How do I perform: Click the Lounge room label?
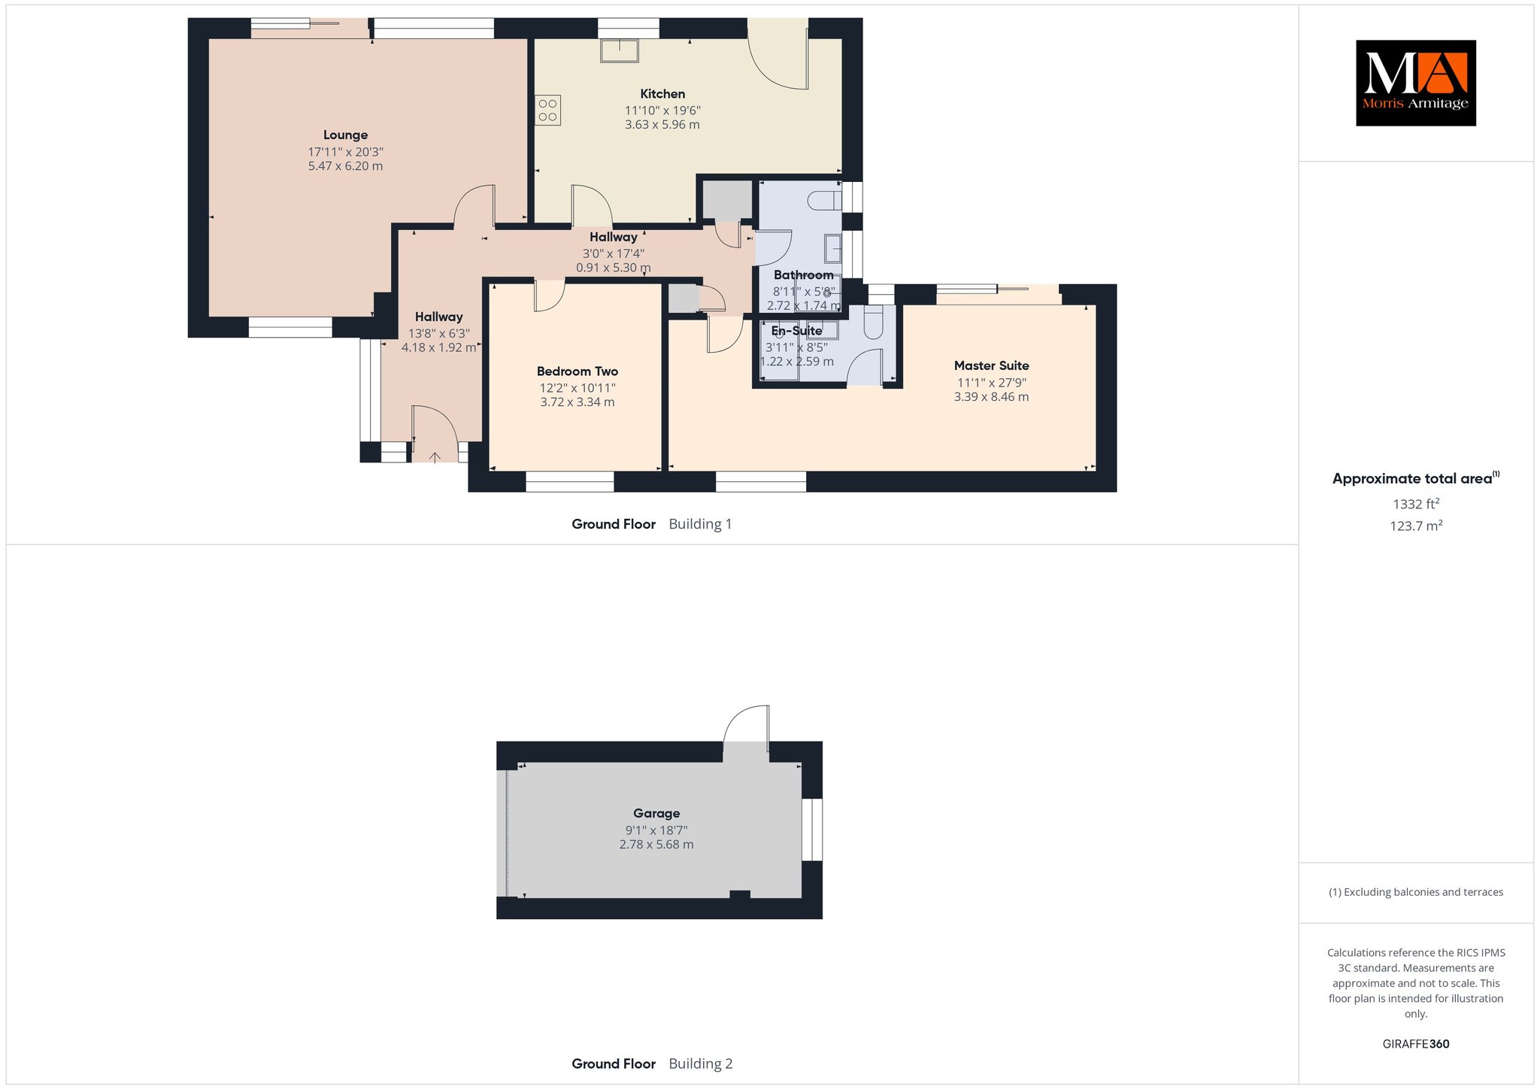[345, 135]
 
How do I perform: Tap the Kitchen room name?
[662, 94]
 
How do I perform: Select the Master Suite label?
[991, 366]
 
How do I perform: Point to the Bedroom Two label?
[577, 372]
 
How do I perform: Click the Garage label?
[656, 813]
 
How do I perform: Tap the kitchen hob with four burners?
[548, 110]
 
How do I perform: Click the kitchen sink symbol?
[619, 50]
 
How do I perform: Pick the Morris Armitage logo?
[1415, 83]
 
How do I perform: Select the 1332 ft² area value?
[1415, 504]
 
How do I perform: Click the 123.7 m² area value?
[1415, 526]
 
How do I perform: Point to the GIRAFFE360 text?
[1416, 1044]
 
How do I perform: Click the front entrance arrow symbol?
[435, 457]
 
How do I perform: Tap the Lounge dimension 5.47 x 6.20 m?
[345, 166]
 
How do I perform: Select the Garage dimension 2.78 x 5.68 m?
[656, 845]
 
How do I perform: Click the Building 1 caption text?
[700, 524]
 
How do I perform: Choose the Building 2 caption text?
[700, 1063]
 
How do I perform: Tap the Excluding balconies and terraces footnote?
[1416, 892]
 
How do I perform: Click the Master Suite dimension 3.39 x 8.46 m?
[991, 397]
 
